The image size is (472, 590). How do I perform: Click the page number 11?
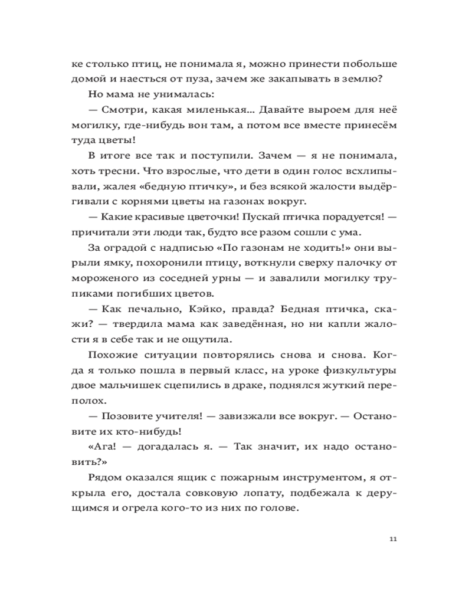(x=394, y=539)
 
